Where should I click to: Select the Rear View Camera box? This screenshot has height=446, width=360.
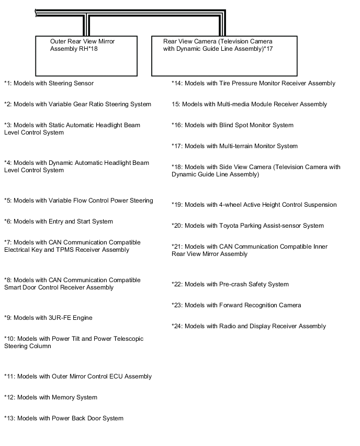click(224, 56)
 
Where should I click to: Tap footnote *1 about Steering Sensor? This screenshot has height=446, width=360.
click(49, 83)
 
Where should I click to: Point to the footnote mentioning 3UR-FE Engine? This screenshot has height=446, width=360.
click(48, 318)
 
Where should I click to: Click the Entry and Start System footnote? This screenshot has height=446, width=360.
click(59, 221)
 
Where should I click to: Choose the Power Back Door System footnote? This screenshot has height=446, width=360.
click(64, 418)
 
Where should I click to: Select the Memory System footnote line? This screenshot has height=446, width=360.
click(51, 397)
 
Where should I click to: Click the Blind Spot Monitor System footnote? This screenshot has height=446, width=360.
click(232, 125)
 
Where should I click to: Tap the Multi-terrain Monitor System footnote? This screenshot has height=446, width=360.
click(234, 146)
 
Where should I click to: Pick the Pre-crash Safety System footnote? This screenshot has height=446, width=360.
click(230, 284)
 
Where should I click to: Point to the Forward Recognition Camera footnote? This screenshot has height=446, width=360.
click(237, 305)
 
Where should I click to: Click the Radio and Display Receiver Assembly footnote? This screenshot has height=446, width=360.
click(249, 326)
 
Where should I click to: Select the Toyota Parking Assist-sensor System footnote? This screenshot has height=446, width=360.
click(248, 226)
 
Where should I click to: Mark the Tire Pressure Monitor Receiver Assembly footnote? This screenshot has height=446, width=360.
click(253, 83)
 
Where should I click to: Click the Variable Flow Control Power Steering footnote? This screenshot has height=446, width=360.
click(78, 200)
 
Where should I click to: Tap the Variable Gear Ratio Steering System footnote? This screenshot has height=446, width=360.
click(77, 104)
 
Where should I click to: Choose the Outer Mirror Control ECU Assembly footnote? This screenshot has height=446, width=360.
click(78, 376)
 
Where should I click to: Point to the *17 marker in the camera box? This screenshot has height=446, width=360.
click(267, 49)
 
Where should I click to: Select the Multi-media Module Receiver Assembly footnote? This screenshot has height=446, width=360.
click(249, 104)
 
